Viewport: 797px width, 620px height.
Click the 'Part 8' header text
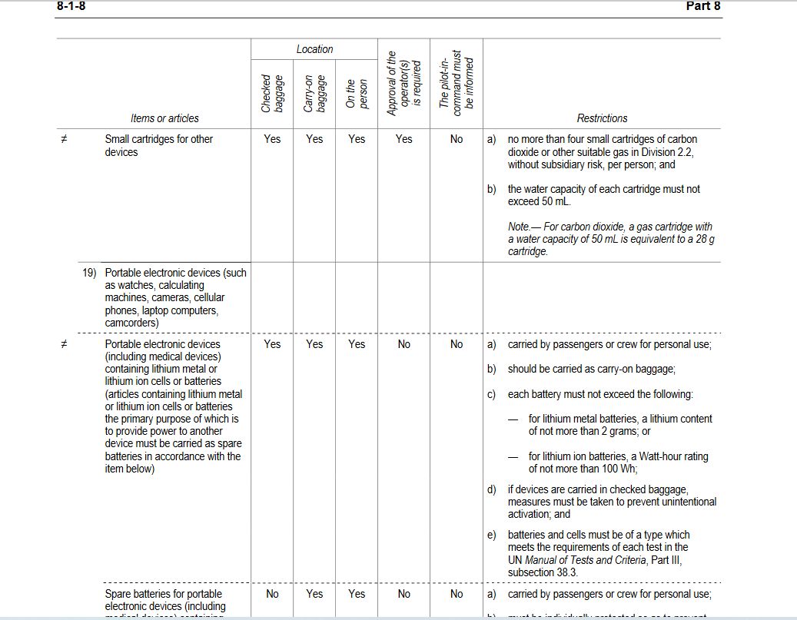click(702, 6)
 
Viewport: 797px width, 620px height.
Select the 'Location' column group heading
click(314, 49)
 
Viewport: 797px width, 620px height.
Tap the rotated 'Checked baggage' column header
click(272, 94)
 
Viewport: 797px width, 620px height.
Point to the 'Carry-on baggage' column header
click(314, 94)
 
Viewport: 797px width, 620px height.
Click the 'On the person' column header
click(357, 94)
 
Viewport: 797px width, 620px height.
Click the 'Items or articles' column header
click(164, 118)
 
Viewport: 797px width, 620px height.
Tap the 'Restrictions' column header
click(602, 118)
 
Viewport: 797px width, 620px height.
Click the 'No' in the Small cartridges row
click(457, 139)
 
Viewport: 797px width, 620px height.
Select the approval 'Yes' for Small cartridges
click(403, 139)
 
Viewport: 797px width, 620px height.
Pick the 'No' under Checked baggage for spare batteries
click(272, 594)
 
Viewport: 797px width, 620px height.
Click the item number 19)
click(91, 273)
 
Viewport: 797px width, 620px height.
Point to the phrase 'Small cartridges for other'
click(159, 139)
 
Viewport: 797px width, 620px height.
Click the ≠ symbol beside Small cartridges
click(65, 139)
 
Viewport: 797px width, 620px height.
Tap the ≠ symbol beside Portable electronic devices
click(65, 344)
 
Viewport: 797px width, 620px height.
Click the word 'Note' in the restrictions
click(519, 227)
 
